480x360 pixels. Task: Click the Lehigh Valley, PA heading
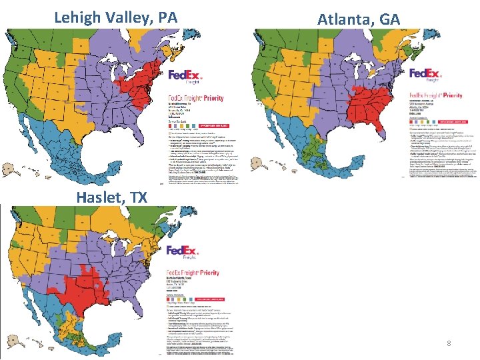point(115,17)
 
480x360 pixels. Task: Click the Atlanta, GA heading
point(358,19)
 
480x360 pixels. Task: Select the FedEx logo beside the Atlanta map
point(425,75)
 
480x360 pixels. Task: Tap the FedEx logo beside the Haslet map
point(183,253)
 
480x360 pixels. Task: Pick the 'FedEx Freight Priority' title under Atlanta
point(435,96)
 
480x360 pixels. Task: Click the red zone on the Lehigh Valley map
point(143,83)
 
